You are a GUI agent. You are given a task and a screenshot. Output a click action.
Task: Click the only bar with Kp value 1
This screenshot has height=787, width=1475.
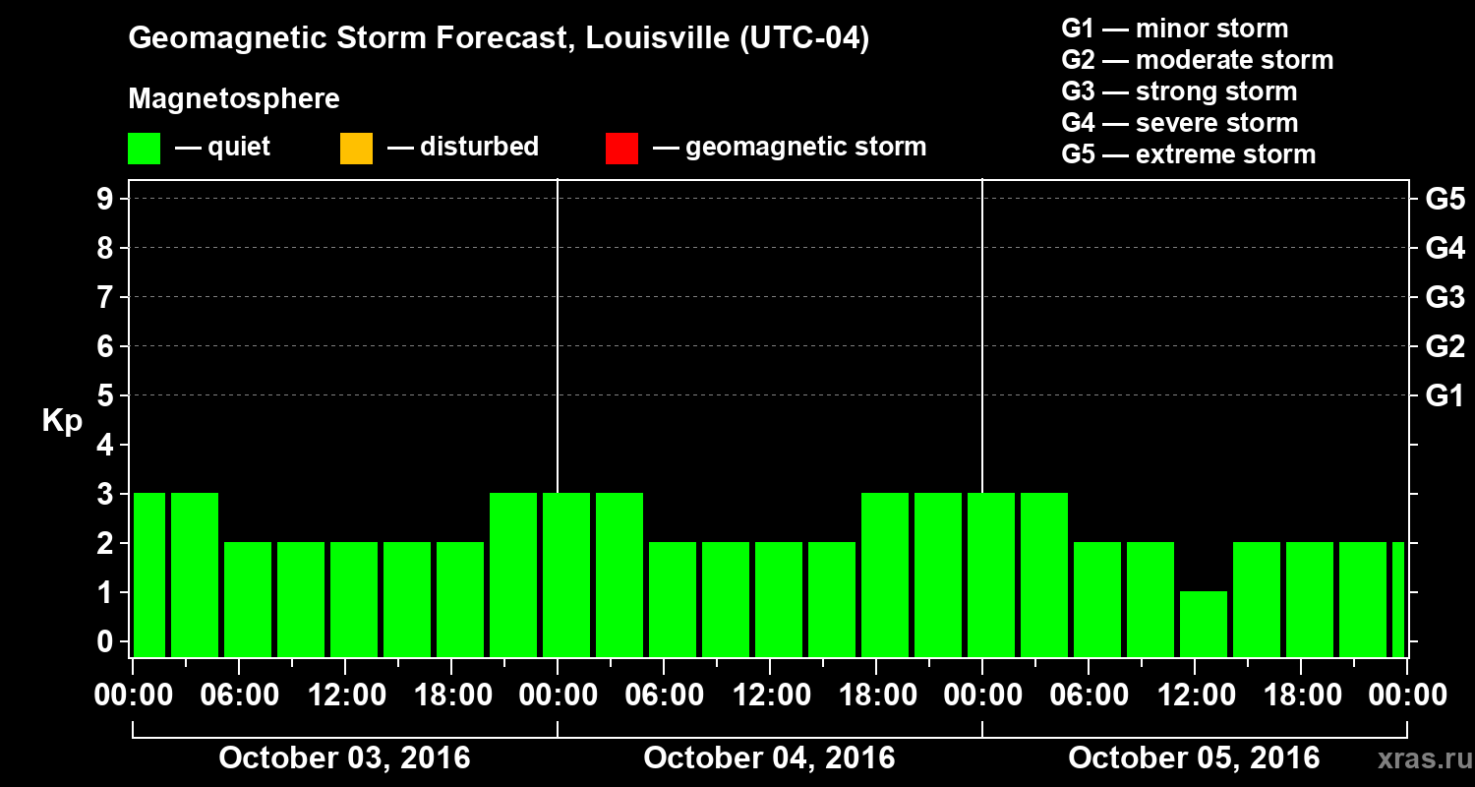(1204, 624)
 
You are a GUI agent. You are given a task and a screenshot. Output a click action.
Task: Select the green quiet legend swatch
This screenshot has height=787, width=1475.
(144, 149)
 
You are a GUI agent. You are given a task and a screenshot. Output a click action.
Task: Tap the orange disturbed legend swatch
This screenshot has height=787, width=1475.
(356, 149)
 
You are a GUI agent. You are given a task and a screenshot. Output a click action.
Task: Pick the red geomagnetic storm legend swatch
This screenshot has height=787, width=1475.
(621, 149)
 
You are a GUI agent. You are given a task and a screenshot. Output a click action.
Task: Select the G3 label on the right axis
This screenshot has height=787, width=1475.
(1445, 297)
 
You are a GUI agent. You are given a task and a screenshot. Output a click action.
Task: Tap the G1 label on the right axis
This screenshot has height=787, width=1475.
(1445, 395)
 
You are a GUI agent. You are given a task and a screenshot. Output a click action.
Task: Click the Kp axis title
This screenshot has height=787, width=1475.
(62, 421)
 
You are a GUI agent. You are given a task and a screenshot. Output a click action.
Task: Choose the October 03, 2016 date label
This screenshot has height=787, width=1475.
(344, 758)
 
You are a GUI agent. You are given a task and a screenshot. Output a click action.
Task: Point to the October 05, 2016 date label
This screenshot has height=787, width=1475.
(1194, 758)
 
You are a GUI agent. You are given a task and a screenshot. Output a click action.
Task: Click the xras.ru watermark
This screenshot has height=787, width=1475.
(1417, 759)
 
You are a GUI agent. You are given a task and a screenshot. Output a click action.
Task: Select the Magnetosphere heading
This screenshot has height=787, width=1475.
(234, 99)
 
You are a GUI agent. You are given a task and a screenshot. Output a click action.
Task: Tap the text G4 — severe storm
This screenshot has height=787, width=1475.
(1180, 123)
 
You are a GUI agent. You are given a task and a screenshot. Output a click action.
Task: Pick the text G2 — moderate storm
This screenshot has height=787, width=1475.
(1198, 60)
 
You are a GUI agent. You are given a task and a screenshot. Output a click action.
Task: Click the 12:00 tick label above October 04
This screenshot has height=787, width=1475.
(771, 695)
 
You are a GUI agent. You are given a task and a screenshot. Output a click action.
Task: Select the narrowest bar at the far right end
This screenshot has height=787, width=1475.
(1398, 599)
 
